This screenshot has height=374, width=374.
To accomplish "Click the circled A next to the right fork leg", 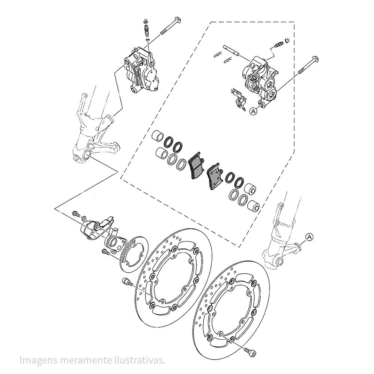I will [309, 237].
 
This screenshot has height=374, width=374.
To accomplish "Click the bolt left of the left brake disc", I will [127, 282].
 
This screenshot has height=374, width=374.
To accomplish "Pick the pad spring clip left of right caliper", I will [238, 99].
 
